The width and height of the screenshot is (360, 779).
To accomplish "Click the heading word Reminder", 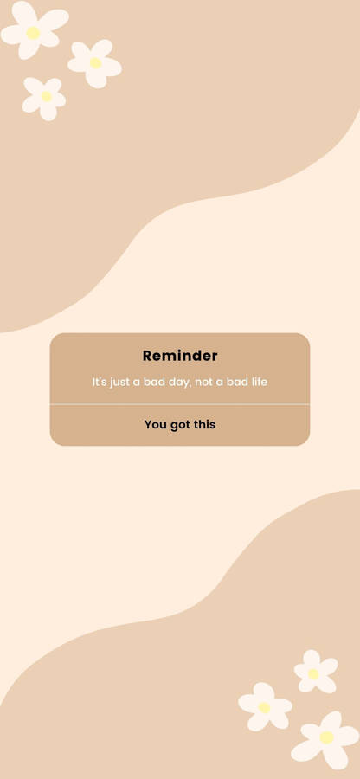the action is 180,356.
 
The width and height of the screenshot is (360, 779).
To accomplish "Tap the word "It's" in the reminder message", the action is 100,382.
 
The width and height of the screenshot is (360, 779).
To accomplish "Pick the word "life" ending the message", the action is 258,382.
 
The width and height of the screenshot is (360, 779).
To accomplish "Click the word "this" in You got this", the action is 203,425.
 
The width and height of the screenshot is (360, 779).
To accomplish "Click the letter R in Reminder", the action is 147,356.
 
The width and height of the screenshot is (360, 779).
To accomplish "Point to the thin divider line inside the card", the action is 180,404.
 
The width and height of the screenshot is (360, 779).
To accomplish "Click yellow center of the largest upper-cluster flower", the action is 33,33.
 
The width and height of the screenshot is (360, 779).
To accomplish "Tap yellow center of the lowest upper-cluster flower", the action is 46,96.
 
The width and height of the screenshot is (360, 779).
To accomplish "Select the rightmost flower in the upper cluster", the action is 95,63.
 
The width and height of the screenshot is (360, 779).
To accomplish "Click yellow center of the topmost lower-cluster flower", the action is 313,673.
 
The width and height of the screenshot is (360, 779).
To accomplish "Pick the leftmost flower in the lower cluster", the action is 265,707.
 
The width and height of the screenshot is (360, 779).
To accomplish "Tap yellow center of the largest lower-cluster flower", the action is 327,737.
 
